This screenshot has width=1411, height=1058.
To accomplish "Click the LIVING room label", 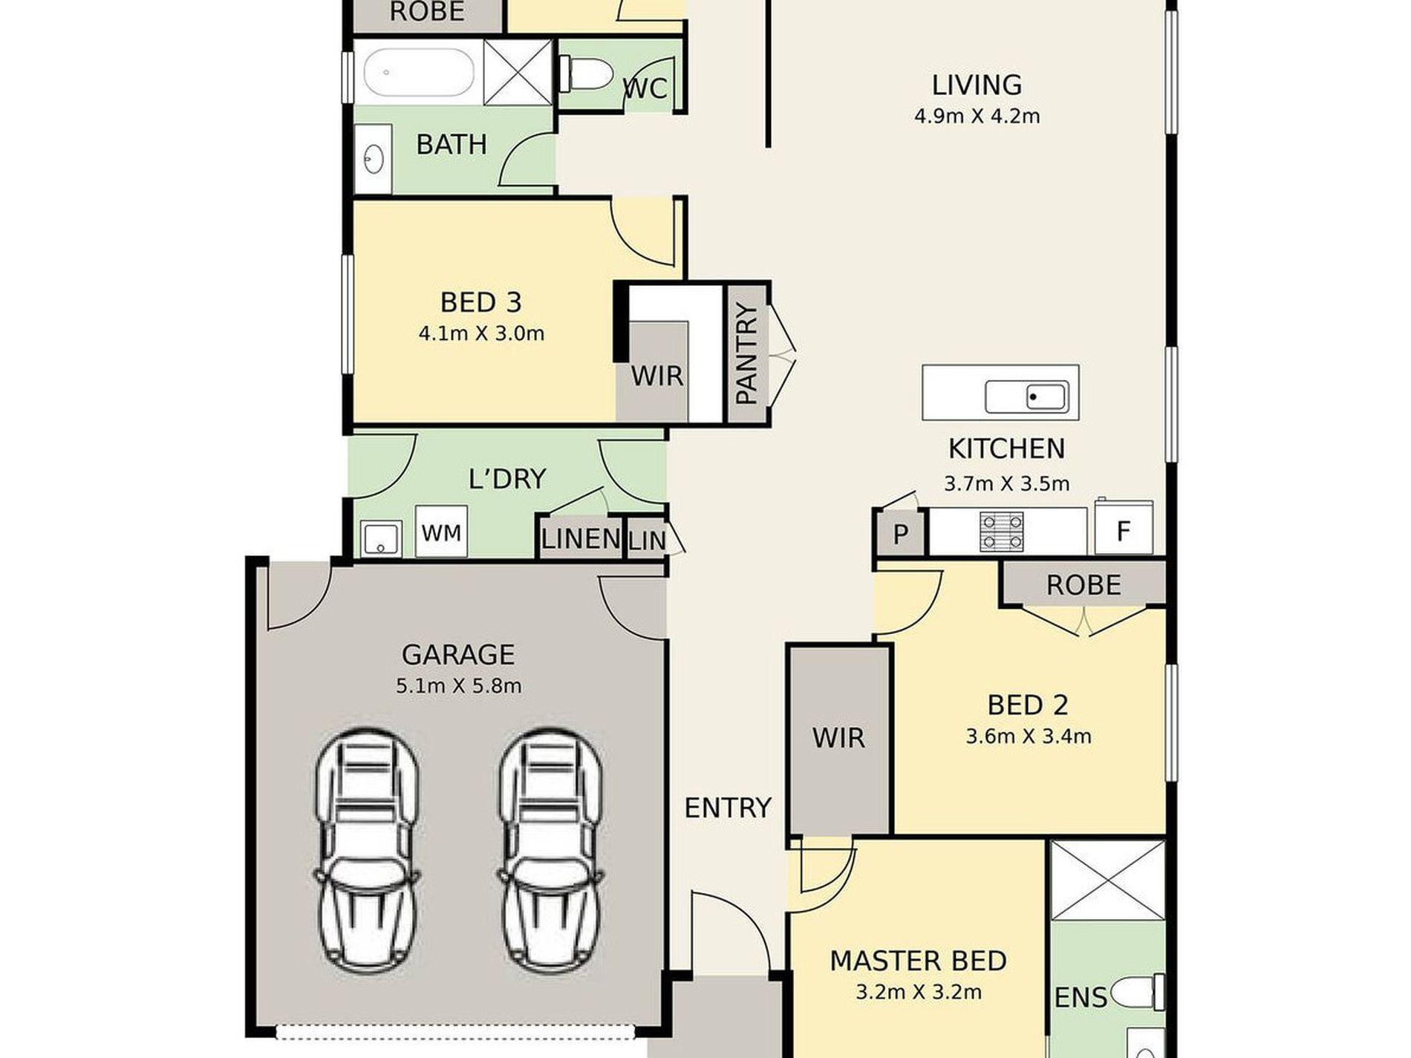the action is pyautogui.click(x=977, y=85).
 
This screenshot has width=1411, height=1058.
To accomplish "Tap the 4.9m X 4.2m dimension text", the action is pyautogui.click(x=977, y=117).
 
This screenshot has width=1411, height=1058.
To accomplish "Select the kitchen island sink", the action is pyautogui.click(x=1028, y=396).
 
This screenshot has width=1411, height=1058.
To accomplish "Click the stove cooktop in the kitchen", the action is pyautogui.click(x=1002, y=532).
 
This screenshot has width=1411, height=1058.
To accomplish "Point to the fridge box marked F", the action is pyautogui.click(x=1124, y=529).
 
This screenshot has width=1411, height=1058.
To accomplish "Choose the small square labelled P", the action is pyautogui.click(x=901, y=533).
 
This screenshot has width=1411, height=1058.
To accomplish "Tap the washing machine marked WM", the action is pyautogui.click(x=441, y=532).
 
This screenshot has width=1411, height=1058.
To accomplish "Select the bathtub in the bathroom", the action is pyautogui.click(x=418, y=72).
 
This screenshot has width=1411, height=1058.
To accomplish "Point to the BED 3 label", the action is pyautogui.click(x=480, y=302).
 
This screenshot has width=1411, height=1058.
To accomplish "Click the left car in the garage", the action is pyautogui.click(x=367, y=851).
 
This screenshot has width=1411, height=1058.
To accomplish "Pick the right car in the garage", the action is pyautogui.click(x=550, y=851).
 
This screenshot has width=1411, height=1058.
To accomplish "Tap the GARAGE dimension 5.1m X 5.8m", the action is pyautogui.click(x=458, y=686).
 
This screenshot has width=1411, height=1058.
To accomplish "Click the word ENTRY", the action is pyautogui.click(x=727, y=808).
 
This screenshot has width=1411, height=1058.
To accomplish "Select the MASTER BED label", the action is pyautogui.click(x=918, y=961).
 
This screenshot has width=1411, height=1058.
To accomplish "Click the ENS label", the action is pyautogui.click(x=1081, y=998).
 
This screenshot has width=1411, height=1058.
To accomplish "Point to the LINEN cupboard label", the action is pyautogui.click(x=581, y=538).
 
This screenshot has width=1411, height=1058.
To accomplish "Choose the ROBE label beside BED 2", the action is pyautogui.click(x=1083, y=585).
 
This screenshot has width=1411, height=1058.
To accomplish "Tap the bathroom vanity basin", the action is pyautogui.click(x=374, y=158).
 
